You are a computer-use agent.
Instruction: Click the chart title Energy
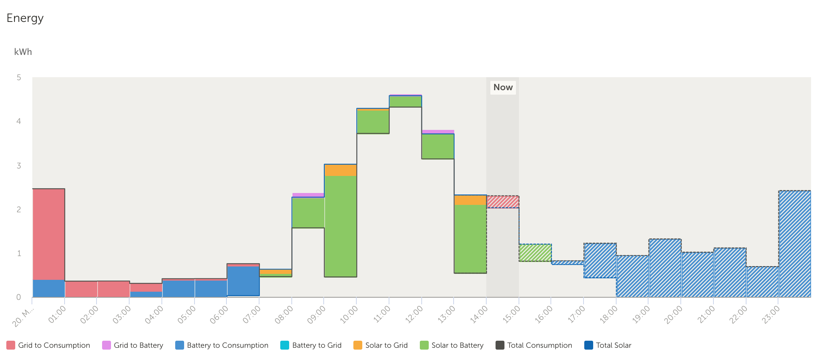[x=25, y=18]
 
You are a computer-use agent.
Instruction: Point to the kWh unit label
[x=23, y=52]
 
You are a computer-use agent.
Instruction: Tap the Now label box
[x=503, y=88]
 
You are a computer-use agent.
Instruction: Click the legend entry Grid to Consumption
[x=48, y=345]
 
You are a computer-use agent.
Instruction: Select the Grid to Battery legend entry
[x=133, y=345]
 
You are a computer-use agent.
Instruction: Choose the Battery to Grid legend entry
[x=311, y=345]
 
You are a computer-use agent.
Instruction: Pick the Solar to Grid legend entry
[x=380, y=345]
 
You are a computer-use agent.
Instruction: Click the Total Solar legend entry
[x=608, y=345]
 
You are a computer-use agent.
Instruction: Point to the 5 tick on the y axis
[x=19, y=78]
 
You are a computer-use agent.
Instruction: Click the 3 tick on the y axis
[x=19, y=166]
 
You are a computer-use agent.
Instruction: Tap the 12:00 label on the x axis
[x=414, y=315]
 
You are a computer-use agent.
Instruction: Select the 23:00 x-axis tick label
[x=771, y=315]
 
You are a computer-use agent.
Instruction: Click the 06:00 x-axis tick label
[x=219, y=315]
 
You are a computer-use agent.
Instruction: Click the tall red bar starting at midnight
[x=49, y=234]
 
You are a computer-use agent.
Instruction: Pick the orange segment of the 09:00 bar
[x=340, y=170]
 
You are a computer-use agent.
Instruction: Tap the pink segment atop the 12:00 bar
[x=438, y=132]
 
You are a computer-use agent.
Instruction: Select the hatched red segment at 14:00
[x=503, y=202]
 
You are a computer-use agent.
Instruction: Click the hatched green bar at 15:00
[x=535, y=253]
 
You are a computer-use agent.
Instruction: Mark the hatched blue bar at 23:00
[x=795, y=244]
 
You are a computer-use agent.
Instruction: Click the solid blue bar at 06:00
[x=243, y=281]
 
